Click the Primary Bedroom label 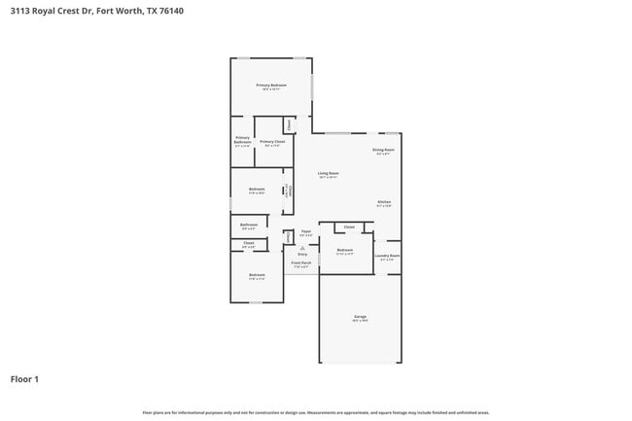click(x=271, y=86)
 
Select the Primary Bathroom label click(x=242, y=140)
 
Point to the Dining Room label click(x=383, y=150)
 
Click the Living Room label click(x=328, y=173)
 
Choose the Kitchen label click(x=384, y=202)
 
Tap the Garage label click(x=360, y=318)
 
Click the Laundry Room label click(x=387, y=256)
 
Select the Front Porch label click(x=301, y=263)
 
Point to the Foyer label click(x=305, y=231)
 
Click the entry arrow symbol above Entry click(x=302, y=248)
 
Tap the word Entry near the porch click(x=302, y=254)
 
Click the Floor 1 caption click(x=24, y=378)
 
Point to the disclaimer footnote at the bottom click(x=316, y=413)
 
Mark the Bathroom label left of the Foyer click(x=249, y=225)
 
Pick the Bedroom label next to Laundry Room click(x=345, y=250)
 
